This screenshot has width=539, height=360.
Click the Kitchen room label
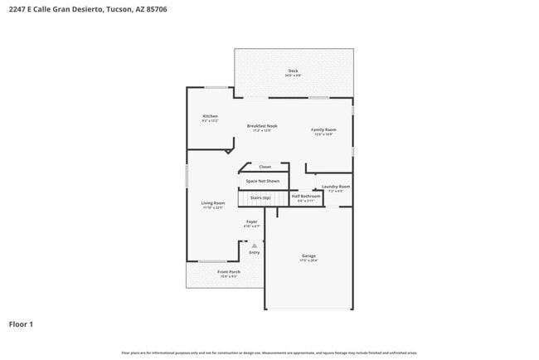tap(210, 115)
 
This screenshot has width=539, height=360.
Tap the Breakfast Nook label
tap(262, 126)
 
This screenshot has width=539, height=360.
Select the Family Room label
tap(323, 129)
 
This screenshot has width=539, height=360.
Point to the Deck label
tap(293, 71)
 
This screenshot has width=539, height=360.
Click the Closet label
tap(265, 167)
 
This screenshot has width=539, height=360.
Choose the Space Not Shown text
tap(262, 181)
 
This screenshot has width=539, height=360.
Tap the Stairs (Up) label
tap(260, 197)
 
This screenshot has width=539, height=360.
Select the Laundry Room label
tap(336, 187)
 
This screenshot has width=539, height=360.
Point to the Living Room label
tap(213, 202)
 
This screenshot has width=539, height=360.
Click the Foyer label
tap(251, 221)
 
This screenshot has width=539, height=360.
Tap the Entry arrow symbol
tap(255, 246)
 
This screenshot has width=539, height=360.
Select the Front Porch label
tap(229, 272)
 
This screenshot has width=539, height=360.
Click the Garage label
tap(308, 255)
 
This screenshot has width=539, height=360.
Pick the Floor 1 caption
tap(21, 324)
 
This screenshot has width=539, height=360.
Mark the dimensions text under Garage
tap(308, 260)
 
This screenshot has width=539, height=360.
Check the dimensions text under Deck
tap(293, 75)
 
